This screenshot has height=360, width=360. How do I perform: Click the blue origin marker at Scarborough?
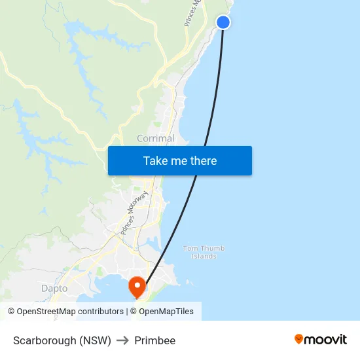click(x=223, y=22)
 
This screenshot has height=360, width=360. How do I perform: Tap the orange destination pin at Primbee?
click(x=137, y=285)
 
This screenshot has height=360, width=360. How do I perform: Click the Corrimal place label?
click(x=155, y=138)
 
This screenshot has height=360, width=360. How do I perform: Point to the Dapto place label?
click(x=54, y=288)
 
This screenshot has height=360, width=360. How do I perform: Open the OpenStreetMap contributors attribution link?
click(x=70, y=312)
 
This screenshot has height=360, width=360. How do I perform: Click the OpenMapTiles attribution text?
click(x=166, y=312)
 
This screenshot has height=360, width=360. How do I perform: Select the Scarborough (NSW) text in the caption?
click(x=62, y=340)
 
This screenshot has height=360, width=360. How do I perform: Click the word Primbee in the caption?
click(x=155, y=340)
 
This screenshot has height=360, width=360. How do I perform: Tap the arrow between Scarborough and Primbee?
click(x=122, y=340)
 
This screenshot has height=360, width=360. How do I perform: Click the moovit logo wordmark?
click(x=325, y=339)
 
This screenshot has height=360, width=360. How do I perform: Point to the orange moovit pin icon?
click(x=299, y=339)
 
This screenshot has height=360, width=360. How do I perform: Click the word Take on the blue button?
click(x=156, y=161)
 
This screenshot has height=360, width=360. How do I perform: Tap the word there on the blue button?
click(x=202, y=161)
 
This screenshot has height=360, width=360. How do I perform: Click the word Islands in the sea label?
click(x=204, y=257)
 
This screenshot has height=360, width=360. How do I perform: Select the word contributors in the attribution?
click(x=100, y=312)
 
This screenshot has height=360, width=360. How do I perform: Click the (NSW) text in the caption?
click(x=96, y=340)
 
